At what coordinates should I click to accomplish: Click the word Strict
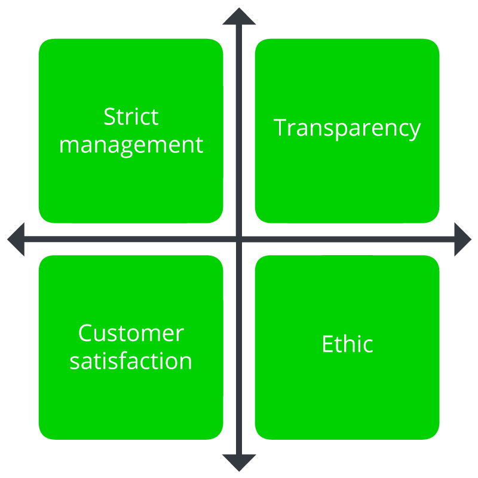click(131, 117)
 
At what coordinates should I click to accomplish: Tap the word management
click(131, 146)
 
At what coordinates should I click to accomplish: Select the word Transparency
click(347, 129)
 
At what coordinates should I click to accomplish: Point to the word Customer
click(131, 333)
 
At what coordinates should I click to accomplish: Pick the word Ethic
click(347, 344)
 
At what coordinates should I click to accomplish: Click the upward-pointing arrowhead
click(239, 17)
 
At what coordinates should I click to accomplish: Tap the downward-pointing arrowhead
click(239, 462)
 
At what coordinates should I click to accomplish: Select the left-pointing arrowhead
click(16, 240)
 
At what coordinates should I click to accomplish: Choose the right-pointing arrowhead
click(462, 240)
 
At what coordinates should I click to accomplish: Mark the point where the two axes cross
click(239, 240)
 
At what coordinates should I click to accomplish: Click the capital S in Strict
click(109, 117)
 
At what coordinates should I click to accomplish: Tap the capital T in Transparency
click(280, 127)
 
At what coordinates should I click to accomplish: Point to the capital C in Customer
click(85, 333)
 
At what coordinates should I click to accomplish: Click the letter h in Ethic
click(347, 344)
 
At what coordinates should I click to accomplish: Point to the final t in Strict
click(155, 118)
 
